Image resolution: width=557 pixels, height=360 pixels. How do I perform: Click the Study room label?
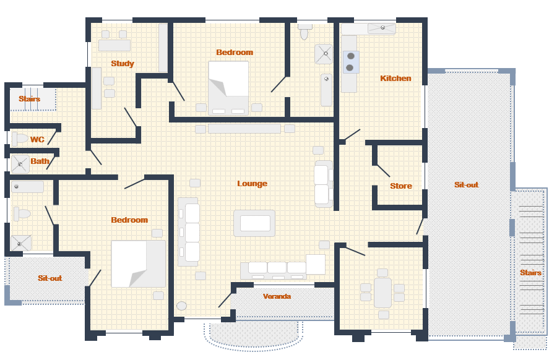(x=123, y=64)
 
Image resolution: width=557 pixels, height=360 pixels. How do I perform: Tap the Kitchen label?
(x=395, y=78)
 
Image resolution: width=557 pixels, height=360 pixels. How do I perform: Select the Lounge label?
(x=253, y=184)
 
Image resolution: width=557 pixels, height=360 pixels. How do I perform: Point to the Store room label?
(x=401, y=186)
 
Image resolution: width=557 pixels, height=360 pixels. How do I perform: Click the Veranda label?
(x=277, y=296)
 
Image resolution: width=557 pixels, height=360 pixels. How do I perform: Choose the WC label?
(x=37, y=140)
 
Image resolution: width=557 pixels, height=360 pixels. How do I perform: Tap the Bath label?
(x=40, y=161)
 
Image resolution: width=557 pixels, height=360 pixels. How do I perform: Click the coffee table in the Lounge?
(x=254, y=223)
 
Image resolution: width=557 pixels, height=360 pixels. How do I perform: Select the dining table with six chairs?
(x=382, y=293)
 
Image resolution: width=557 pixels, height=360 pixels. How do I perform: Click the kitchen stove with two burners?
(x=351, y=62)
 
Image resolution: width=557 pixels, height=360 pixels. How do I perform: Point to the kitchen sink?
(x=382, y=28)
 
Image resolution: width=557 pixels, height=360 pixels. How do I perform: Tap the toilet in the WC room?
(x=20, y=139)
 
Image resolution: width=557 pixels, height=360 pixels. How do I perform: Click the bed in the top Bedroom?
(x=228, y=88)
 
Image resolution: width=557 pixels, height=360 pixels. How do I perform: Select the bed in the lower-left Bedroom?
(x=139, y=264)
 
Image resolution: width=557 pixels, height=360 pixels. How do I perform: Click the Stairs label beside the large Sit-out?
(x=531, y=273)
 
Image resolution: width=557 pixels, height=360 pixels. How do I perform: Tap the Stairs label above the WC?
(x=30, y=99)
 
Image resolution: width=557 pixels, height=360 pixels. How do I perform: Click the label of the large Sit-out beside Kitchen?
(x=467, y=184)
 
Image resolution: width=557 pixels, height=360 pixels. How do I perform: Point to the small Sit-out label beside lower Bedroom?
(x=50, y=278)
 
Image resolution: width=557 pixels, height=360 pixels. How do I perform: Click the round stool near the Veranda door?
(x=181, y=306)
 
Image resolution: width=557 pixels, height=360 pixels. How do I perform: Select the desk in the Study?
(x=114, y=45)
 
